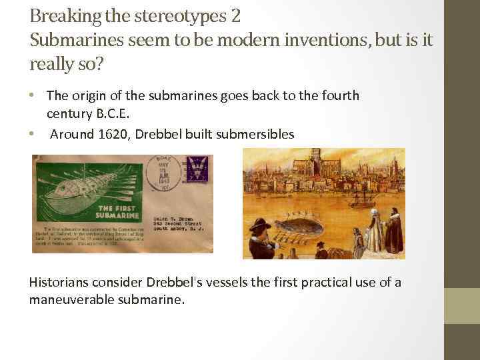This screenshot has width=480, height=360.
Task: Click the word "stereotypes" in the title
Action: (181, 16)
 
